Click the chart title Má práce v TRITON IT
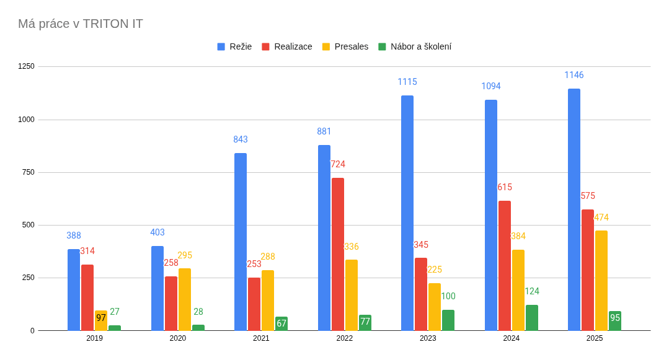click(81, 24)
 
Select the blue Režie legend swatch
click(221, 46)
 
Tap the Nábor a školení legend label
click(420, 46)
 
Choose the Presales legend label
click(351, 46)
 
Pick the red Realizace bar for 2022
click(338, 254)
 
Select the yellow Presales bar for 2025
click(601, 280)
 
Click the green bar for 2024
click(532, 317)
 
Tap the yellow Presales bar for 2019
click(101, 320)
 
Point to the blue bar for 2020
click(157, 288)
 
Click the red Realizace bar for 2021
click(254, 304)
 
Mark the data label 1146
click(574, 75)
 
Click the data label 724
click(338, 164)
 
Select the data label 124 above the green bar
click(532, 291)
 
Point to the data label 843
click(241, 139)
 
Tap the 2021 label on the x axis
click(261, 338)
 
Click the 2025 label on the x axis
click(595, 338)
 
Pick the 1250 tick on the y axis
click(26, 66)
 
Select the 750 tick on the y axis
click(29, 172)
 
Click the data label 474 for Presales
click(601, 217)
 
